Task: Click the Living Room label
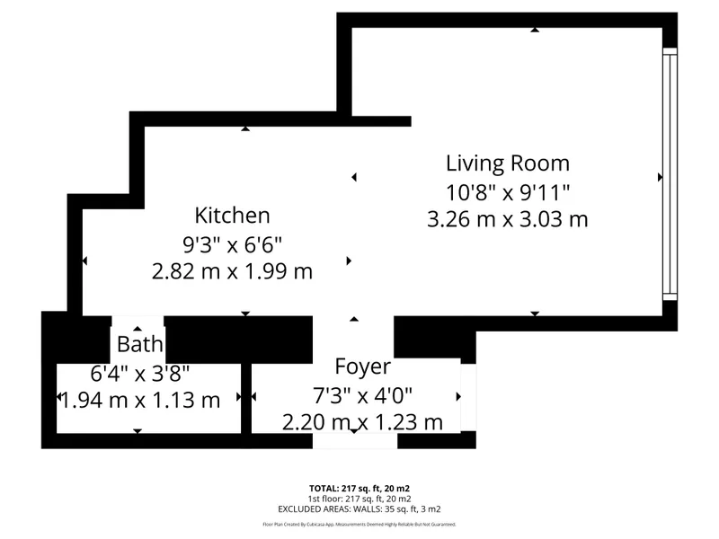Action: [x=508, y=163]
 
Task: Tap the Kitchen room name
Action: [x=232, y=216]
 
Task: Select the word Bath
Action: [x=140, y=344]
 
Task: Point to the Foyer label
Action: [x=363, y=367]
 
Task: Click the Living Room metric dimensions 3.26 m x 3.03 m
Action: [x=508, y=219]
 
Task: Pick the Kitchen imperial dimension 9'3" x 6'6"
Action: [x=232, y=244]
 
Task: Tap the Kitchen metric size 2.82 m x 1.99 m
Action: [x=232, y=271]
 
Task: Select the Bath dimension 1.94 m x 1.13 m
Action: [x=140, y=400]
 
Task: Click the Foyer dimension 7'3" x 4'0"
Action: [x=363, y=395]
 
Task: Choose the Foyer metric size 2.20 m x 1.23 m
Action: [x=363, y=422]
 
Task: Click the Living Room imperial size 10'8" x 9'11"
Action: [x=508, y=192]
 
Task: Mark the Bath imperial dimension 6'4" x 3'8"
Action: [x=140, y=373]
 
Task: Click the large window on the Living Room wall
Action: [x=670, y=174]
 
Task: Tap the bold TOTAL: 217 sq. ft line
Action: [x=359, y=489]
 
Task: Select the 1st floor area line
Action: [x=359, y=499]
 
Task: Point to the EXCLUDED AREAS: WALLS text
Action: [x=359, y=509]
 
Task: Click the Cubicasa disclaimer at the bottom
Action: [x=359, y=525]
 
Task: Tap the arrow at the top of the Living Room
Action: [x=535, y=30]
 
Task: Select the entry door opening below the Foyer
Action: [x=355, y=441]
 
